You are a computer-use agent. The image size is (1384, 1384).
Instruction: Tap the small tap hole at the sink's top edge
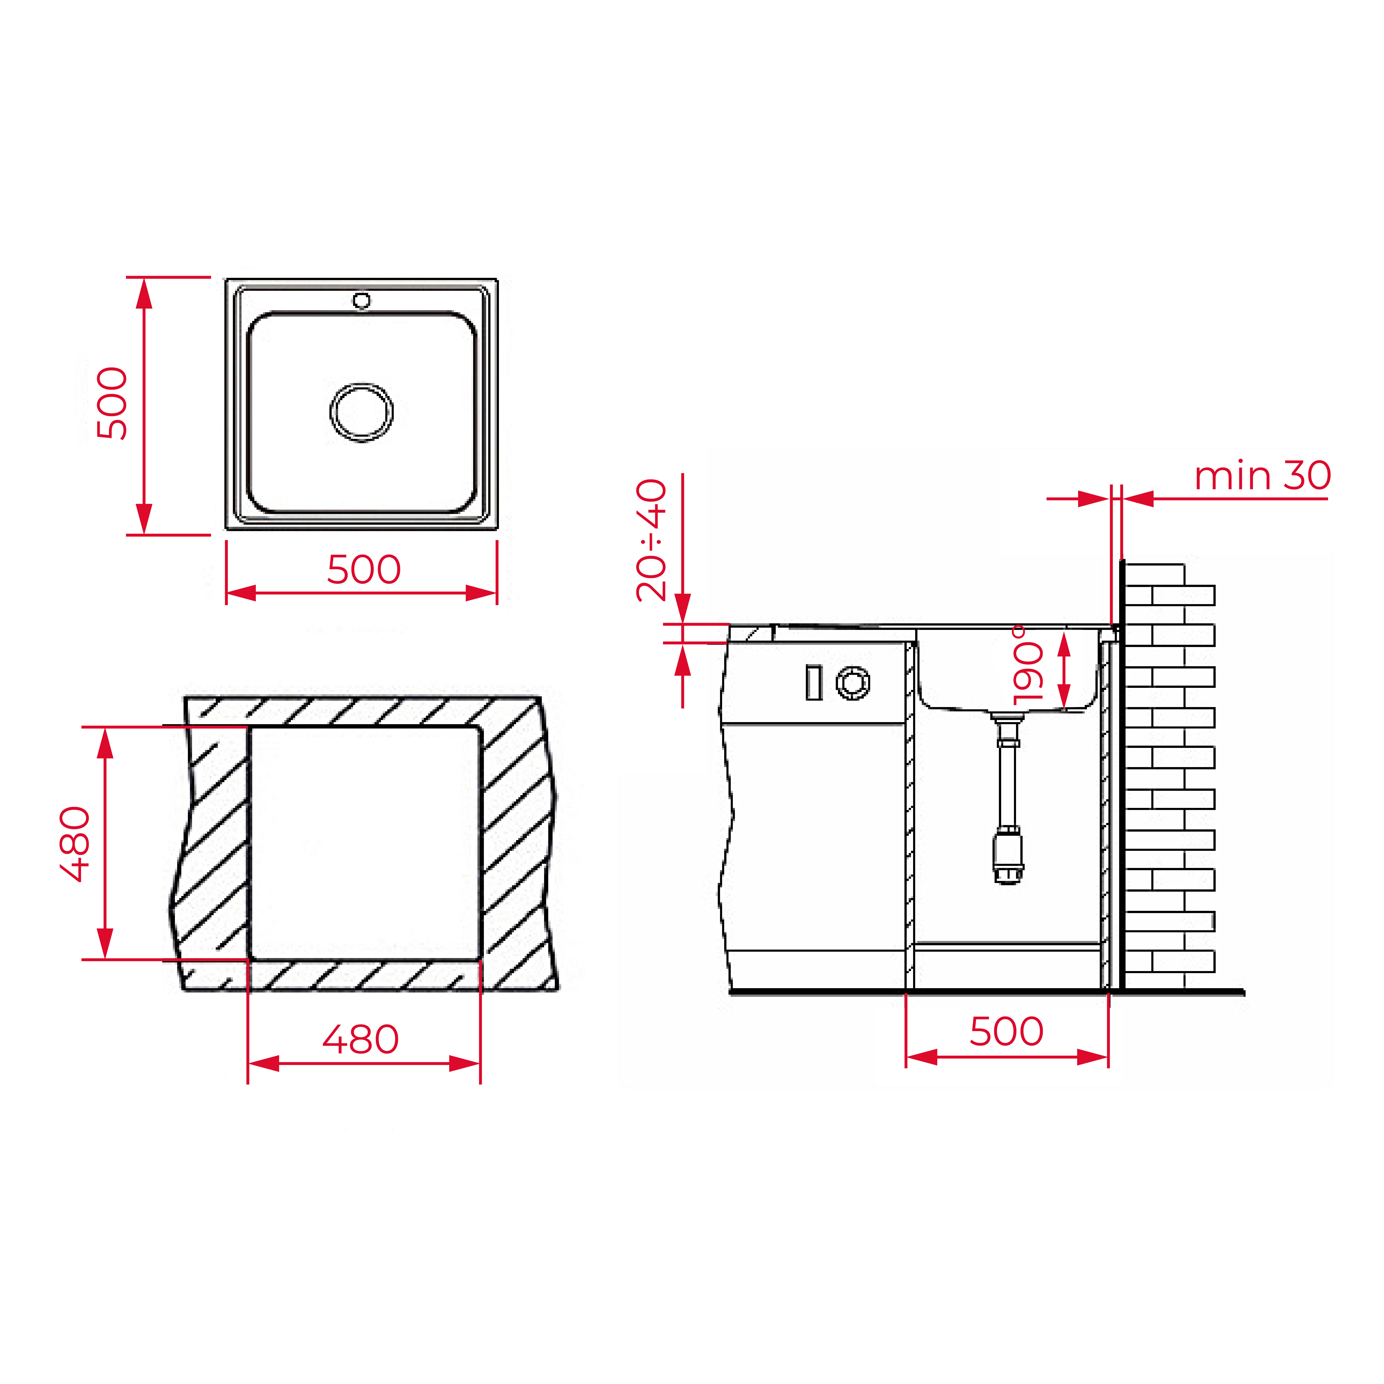point(362,300)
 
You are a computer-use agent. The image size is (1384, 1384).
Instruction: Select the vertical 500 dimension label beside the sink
point(112,403)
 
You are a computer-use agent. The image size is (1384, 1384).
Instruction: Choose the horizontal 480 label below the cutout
point(360,1039)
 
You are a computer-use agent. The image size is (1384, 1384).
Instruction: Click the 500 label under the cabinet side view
point(1007,1032)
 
